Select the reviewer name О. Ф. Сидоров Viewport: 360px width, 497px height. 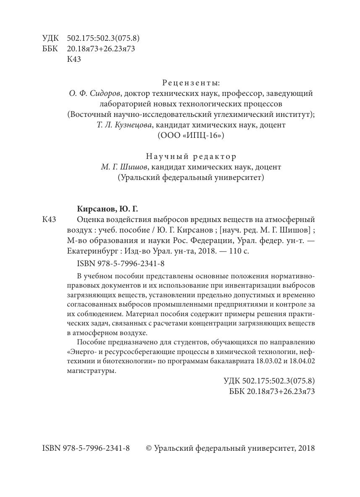(x=94, y=93)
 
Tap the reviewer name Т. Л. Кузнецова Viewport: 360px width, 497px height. (x=121, y=125)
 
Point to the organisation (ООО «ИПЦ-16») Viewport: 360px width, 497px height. (x=191, y=135)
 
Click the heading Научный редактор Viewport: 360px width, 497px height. (x=191, y=156)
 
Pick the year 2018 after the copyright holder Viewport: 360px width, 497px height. (x=305, y=448)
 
